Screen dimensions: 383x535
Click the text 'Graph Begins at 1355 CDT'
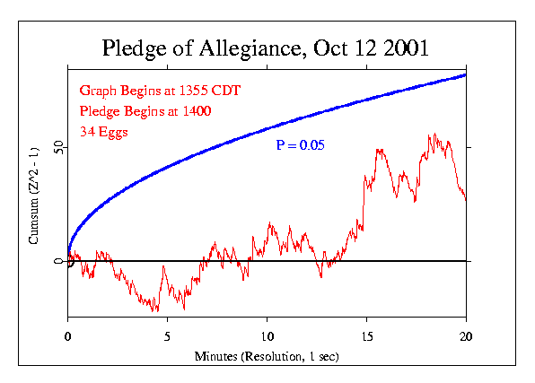[160, 91]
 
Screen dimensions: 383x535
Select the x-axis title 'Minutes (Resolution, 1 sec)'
[267, 356]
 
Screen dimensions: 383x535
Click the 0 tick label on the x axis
[67, 336]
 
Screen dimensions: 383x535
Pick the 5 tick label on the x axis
[167, 336]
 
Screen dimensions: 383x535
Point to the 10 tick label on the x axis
[267, 336]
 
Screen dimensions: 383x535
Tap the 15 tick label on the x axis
[366, 336]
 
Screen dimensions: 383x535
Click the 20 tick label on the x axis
[466, 336]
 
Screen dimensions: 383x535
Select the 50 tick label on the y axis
[57, 145]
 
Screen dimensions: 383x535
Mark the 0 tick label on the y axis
[57, 261]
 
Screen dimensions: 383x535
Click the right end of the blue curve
[465, 74]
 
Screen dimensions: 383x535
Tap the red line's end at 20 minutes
[465, 198]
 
